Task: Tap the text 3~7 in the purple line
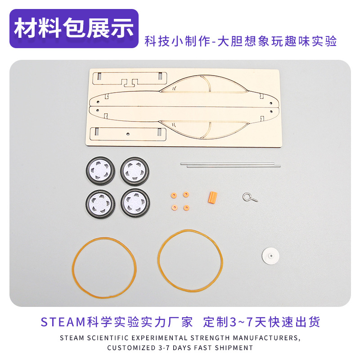pyautogui.click(x=242, y=322)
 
